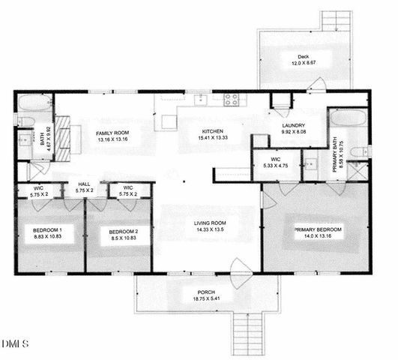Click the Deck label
302,56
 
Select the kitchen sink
200,99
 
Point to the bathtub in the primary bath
349,121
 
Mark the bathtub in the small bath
34,103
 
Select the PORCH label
206,292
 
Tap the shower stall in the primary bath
358,169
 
